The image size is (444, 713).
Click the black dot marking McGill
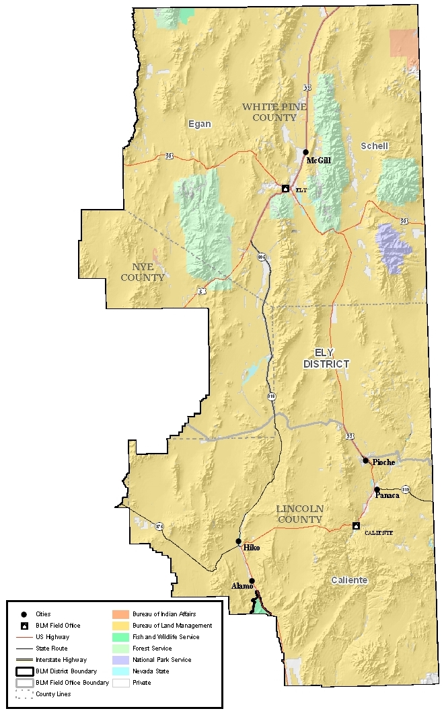click(x=306, y=152)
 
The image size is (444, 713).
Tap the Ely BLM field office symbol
click(x=285, y=189)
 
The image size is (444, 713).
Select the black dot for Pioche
click(x=365, y=460)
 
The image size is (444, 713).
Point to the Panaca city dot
click(x=377, y=489)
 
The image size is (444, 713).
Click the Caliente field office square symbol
click(x=357, y=526)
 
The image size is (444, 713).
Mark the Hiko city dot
click(x=238, y=541)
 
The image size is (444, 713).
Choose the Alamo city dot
click(x=252, y=581)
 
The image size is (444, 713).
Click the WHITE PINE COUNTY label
click(x=270, y=112)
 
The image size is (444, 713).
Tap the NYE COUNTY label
click(x=141, y=272)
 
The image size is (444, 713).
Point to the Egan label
click(x=199, y=124)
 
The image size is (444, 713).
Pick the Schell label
click(x=374, y=146)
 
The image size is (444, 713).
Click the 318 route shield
click(x=271, y=396)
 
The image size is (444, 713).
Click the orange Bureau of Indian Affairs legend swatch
click(x=120, y=614)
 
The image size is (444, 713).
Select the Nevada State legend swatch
click(x=120, y=671)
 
